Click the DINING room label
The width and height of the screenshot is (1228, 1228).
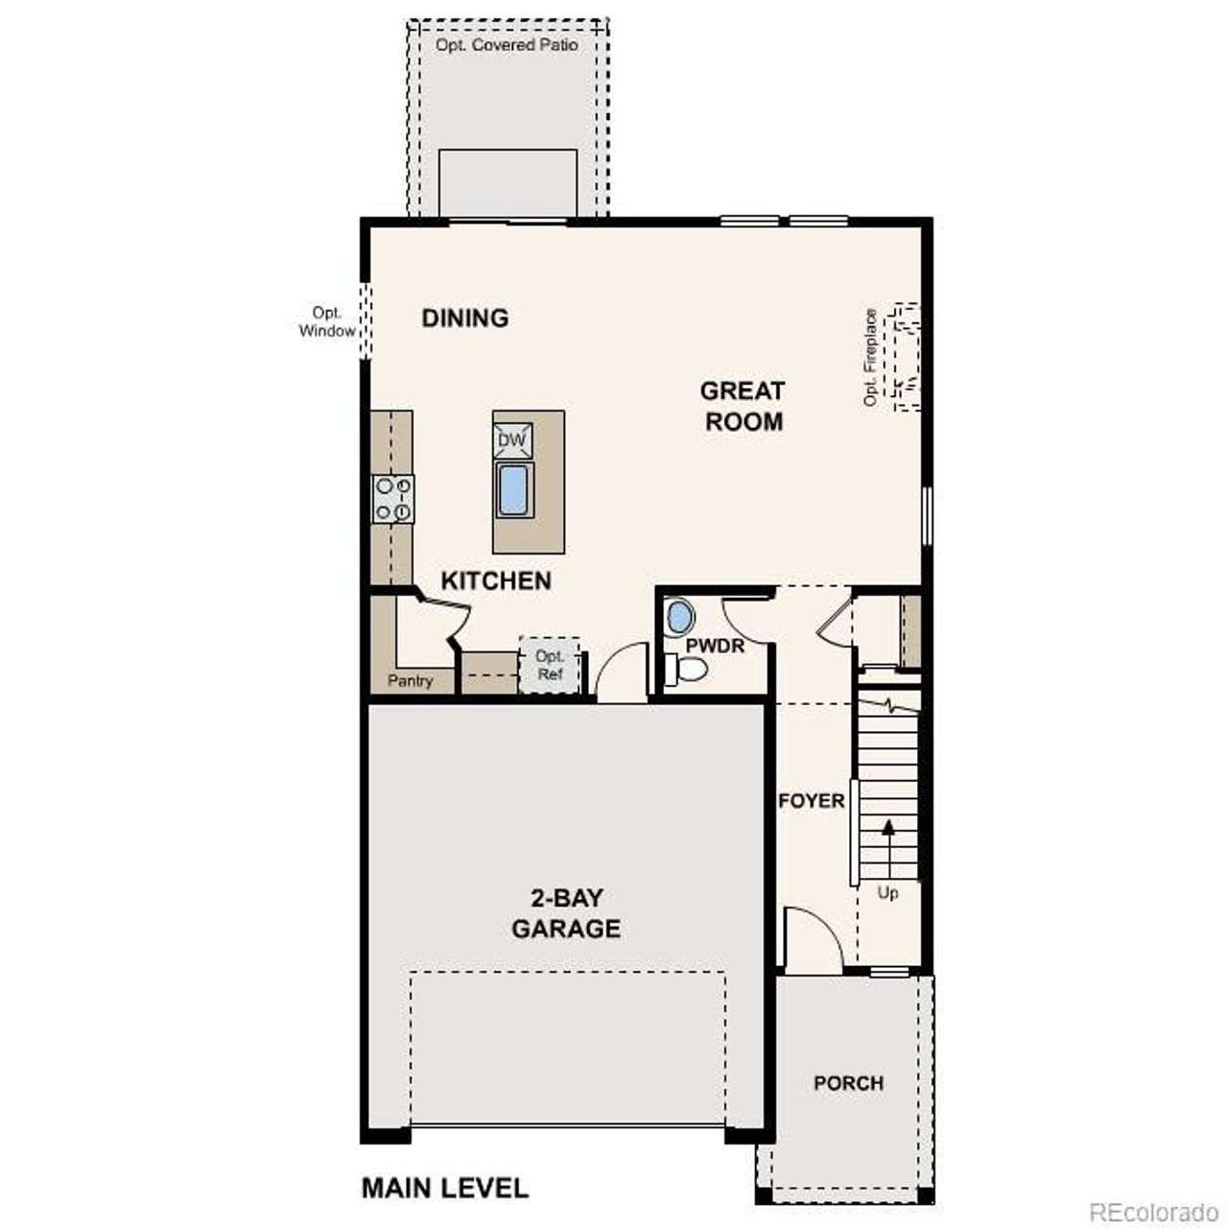(465, 318)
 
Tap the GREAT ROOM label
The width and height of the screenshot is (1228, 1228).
(743, 406)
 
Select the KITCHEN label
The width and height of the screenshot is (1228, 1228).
(496, 580)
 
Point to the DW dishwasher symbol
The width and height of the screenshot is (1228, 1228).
(512, 440)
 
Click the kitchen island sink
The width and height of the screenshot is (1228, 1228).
(513, 490)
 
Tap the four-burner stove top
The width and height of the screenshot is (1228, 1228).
(393, 499)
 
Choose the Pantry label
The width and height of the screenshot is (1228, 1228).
(410, 680)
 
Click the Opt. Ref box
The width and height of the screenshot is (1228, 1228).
(550, 665)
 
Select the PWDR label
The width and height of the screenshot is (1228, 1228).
(715, 646)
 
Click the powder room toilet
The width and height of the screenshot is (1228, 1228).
(687, 669)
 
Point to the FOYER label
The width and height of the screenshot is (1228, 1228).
(812, 800)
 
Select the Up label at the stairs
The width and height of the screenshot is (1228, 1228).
(888, 893)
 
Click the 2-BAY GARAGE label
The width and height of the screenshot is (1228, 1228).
(566, 913)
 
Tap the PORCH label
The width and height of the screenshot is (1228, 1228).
(848, 1083)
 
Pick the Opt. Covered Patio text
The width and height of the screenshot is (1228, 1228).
(508, 45)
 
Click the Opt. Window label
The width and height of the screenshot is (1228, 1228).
(327, 322)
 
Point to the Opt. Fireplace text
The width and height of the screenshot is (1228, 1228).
(871, 357)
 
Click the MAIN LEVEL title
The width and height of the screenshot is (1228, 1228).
(445, 1188)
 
